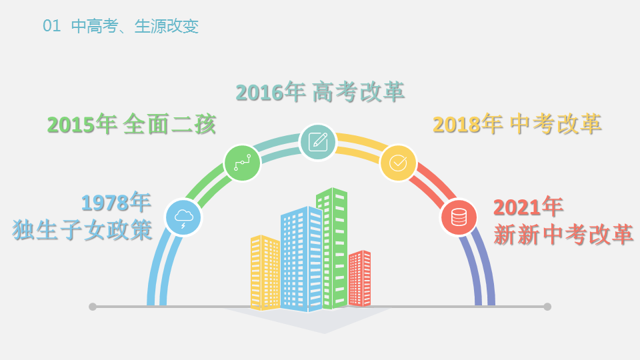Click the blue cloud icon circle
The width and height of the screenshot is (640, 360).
[183, 217]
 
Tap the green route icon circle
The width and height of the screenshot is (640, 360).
[243, 163]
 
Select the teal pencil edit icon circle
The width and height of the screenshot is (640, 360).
[318, 142]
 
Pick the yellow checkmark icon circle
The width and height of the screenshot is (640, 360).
[398, 163]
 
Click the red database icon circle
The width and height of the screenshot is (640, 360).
[459, 217]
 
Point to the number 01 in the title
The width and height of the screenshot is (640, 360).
[51, 26]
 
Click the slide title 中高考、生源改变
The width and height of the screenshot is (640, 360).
[135, 26]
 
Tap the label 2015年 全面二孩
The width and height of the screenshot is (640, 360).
[131, 124]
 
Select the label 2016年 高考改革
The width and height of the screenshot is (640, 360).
[321, 92]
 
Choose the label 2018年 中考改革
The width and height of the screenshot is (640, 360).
[517, 124]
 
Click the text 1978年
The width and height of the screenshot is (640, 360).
[116, 202]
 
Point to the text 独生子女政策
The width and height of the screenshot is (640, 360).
[83, 230]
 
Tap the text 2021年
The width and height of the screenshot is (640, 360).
[529, 207]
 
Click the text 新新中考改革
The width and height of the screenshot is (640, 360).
[564, 234]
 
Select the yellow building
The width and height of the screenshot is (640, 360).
[265, 272]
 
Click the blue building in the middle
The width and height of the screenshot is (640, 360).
[301, 259]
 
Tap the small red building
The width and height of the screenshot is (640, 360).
[359, 279]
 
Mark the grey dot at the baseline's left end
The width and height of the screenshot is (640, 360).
[93, 307]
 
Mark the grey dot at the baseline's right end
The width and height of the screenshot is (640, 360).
[547, 307]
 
